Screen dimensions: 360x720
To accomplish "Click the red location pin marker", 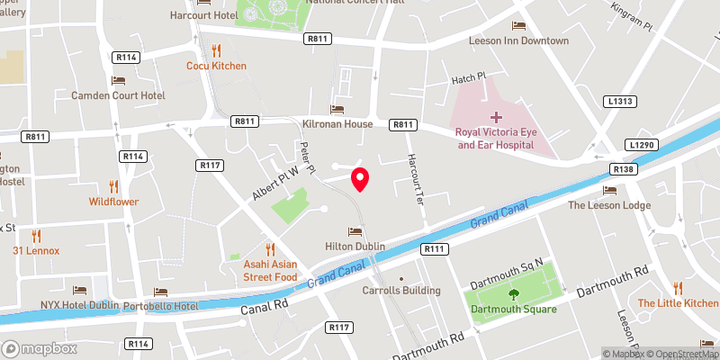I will [x=360, y=179].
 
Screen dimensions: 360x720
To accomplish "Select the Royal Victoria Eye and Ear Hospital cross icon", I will [x=496, y=117].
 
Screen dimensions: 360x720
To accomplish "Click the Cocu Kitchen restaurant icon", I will [x=216, y=50].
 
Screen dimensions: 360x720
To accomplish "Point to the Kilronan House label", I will [x=337, y=123].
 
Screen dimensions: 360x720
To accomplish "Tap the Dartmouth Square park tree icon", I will [x=513, y=293].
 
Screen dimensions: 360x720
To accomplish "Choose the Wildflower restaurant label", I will [x=113, y=202].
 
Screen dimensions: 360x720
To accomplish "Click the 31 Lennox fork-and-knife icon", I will [x=36, y=236].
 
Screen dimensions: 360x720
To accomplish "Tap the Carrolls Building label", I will [x=401, y=291].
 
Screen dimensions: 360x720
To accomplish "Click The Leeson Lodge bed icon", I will [x=609, y=190].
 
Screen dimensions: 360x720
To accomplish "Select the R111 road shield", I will [x=435, y=247].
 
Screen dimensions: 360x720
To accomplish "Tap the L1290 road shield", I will [x=640, y=144].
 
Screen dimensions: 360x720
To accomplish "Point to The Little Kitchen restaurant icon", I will [x=678, y=288].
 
